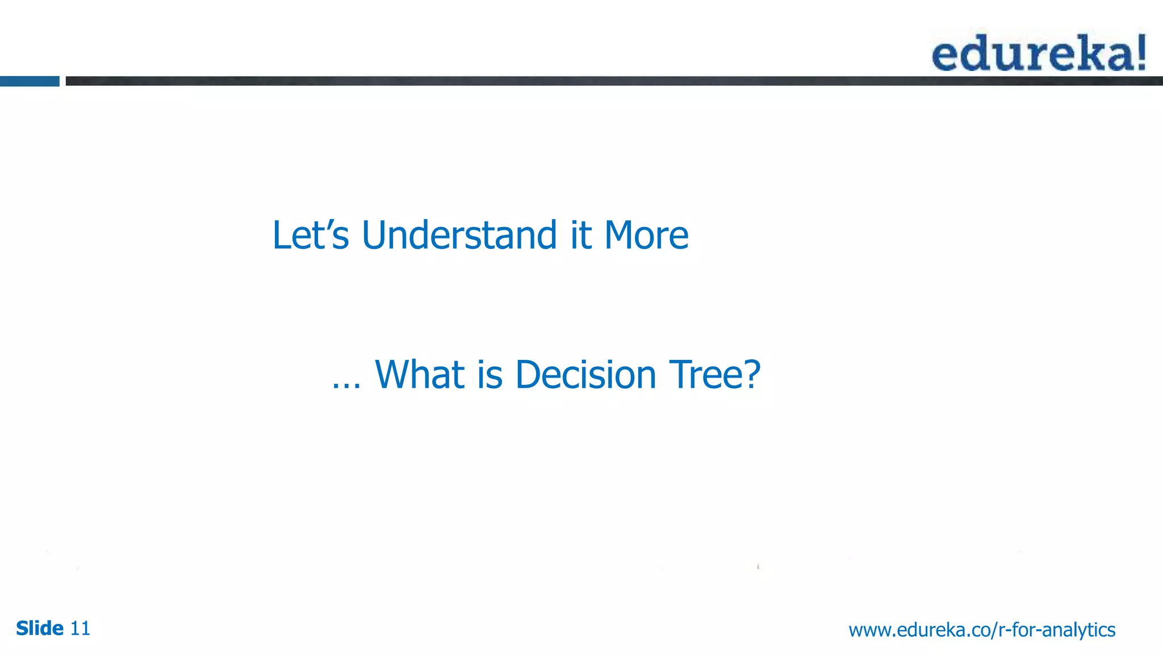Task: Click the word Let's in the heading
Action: [310, 235]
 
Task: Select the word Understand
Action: [459, 235]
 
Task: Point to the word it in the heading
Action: [581, 235]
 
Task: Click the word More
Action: [646, 235]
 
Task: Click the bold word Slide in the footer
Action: [40, 628]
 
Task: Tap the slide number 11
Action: [80, 628]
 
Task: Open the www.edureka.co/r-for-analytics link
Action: [982, 630]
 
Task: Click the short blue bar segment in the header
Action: [30, 81]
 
